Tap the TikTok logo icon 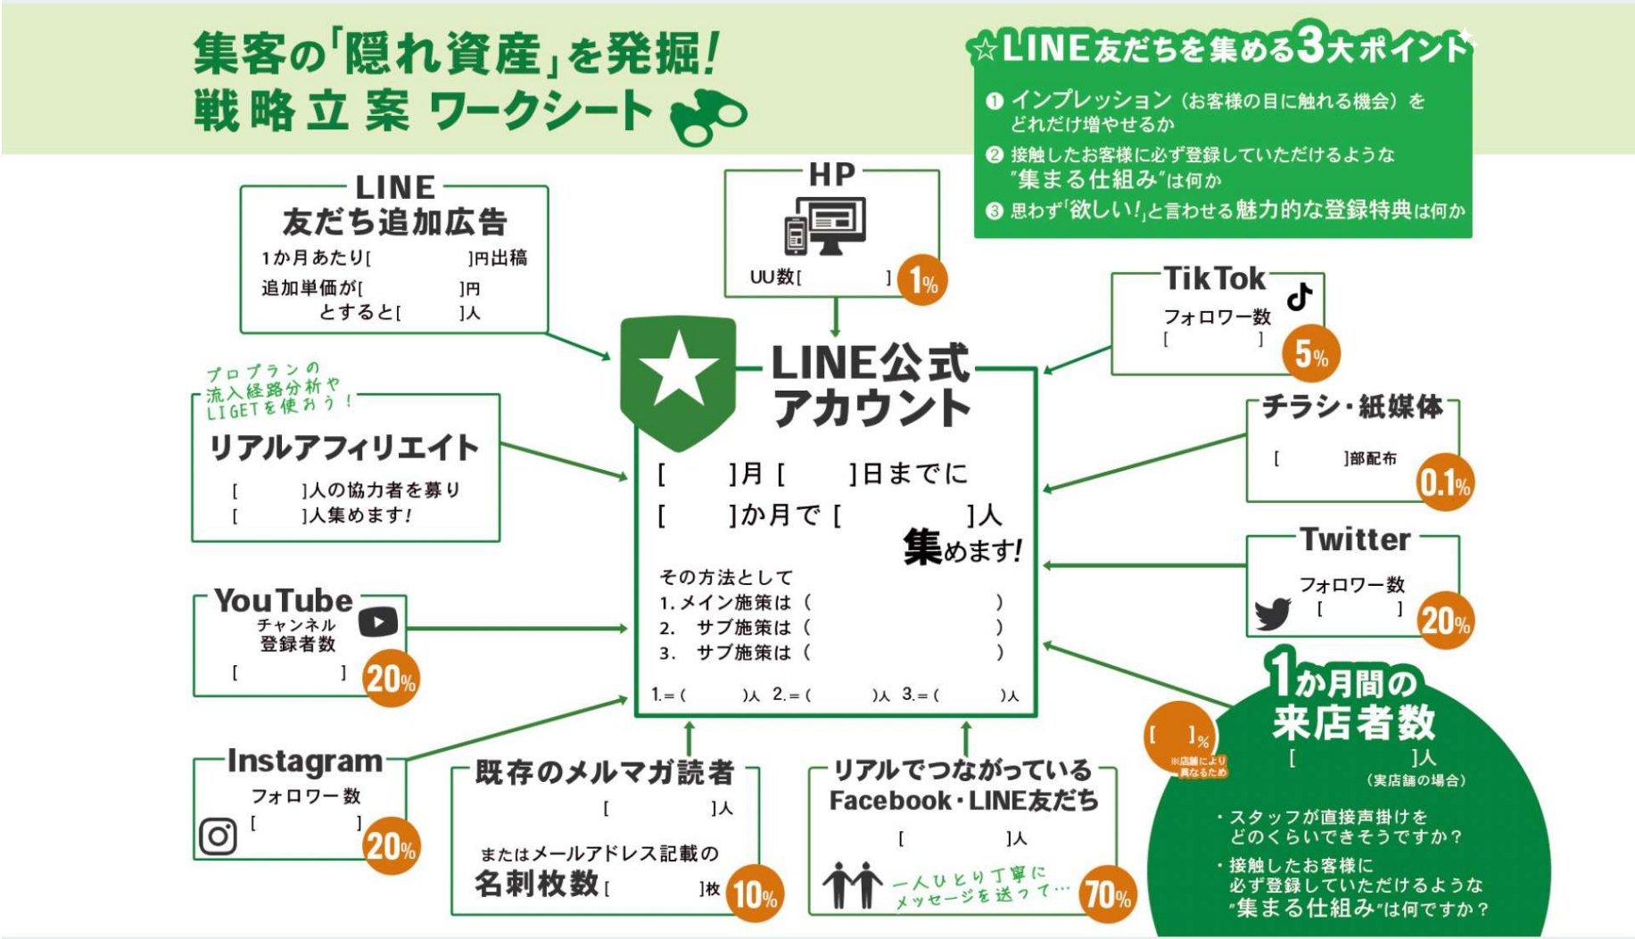[x=1300, y=296]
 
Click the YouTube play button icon [x=378, y=622]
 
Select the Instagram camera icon [x=218, y=836]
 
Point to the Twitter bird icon [x=1272, y=614]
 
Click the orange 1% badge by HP [x=921, y=282]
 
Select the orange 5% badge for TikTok [x=1310, y=354]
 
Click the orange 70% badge [x=1107, y=894]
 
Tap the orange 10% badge [x=755, y=894]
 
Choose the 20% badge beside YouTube [x=391, y=680]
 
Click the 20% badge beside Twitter [x=1444, y=620]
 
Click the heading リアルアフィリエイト [x=344, y=448]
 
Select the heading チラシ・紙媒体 [x=1352, y=408]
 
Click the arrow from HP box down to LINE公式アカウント [x=836, y=317]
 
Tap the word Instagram [x=305, y=762]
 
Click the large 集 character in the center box [x=922, y=547]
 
